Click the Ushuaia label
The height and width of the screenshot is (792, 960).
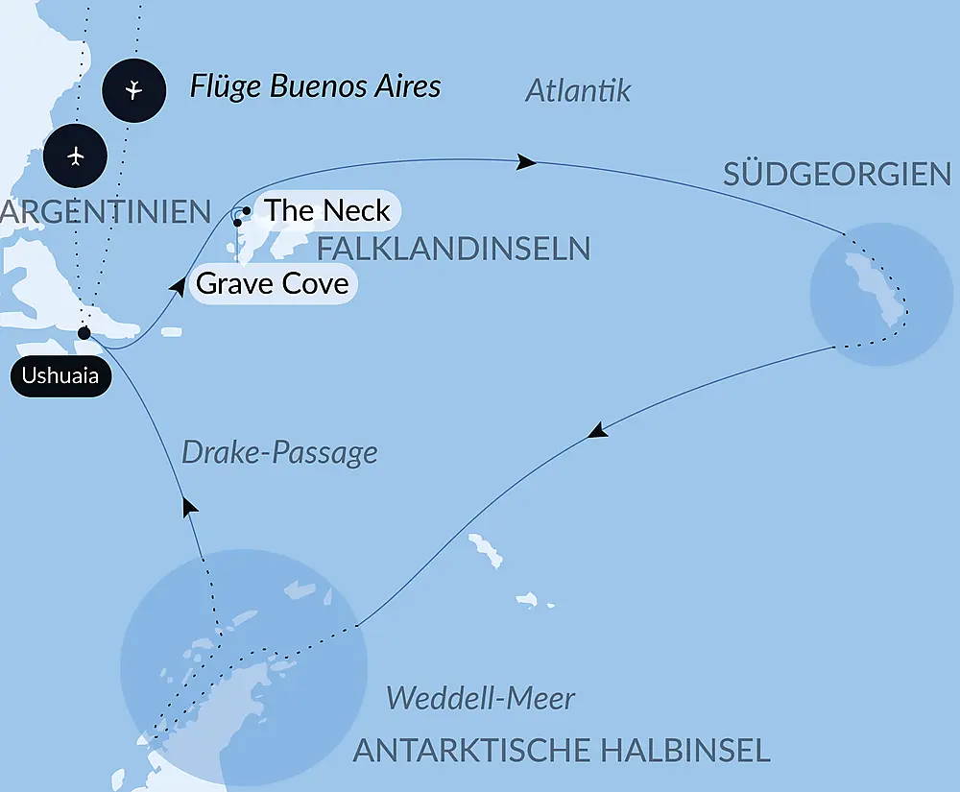coord(60,376)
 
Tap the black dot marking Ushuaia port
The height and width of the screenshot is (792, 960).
coord(84,333)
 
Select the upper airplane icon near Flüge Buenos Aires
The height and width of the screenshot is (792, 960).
coord(133,90)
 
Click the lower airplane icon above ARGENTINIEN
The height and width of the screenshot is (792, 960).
coord(77,156)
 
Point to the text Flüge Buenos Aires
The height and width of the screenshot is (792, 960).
coord(315,86)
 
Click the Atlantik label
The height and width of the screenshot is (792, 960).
coord(578,90)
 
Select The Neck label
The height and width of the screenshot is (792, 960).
coord(326,210)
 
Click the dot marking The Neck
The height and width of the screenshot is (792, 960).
coord(247,210)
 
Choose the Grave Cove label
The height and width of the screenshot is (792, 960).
coord(272,284)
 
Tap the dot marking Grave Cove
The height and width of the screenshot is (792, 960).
coord(238,222)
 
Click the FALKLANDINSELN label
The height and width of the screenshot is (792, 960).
coord(453,250)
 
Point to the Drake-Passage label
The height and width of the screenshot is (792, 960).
coord(278,452)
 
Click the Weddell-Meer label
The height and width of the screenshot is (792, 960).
coord(480,698)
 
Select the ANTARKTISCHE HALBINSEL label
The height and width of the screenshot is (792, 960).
coord(562,750)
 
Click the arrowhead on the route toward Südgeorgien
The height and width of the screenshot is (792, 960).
coord(526,162)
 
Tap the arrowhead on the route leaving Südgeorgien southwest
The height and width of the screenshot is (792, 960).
coord(598,432)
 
